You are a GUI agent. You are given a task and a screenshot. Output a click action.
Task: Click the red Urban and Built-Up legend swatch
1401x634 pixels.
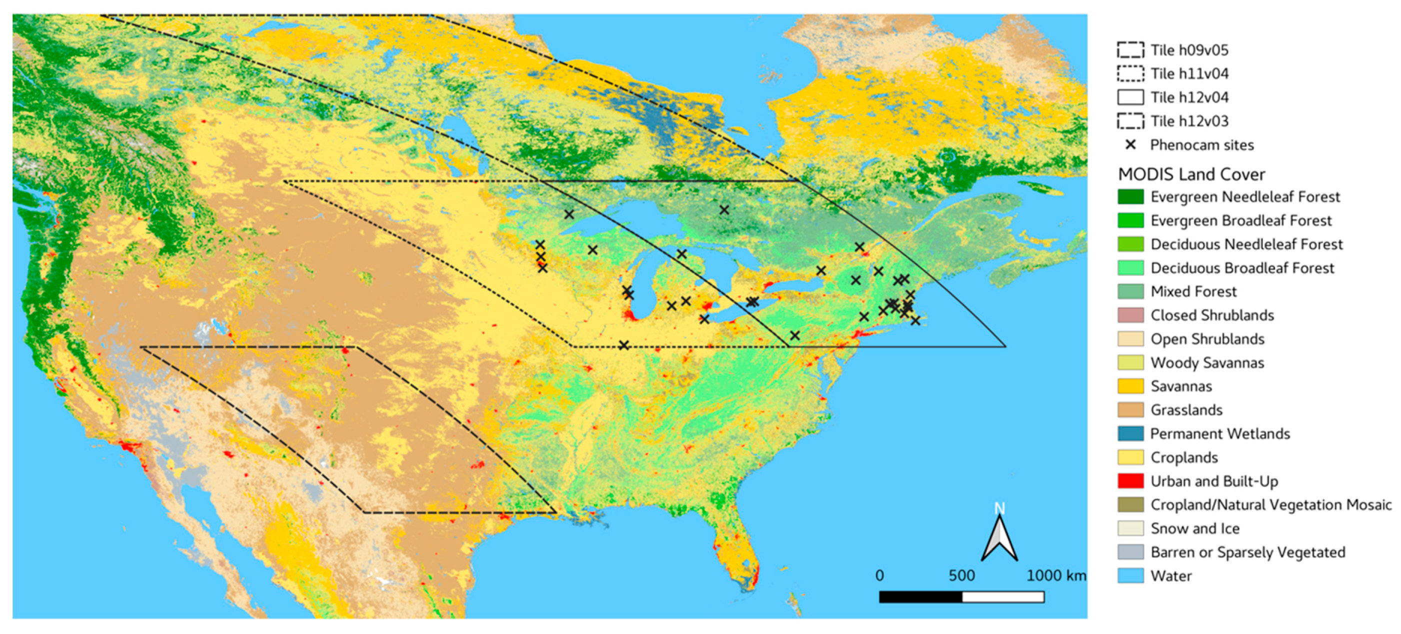point(1130,480)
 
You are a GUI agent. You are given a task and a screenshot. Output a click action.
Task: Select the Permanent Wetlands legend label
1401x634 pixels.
point(1220,433)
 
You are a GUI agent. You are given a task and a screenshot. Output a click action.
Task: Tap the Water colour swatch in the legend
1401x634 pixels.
point(1130,575)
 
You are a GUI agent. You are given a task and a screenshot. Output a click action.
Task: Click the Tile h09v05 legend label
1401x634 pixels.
point(1189,50)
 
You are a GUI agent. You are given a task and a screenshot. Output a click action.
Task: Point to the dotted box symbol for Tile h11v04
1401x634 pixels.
point(1130,73)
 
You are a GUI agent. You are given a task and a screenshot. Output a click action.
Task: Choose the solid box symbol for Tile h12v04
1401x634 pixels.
point(1130,97)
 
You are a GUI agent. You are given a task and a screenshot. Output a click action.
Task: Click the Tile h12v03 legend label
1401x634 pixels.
point(1189,120)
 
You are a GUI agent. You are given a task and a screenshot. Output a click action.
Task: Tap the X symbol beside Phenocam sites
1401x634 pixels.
point(1130,144)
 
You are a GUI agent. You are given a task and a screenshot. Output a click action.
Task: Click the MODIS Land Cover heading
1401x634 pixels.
point(1191,174)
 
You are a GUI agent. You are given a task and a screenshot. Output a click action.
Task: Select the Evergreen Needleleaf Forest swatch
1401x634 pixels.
point(1130,196)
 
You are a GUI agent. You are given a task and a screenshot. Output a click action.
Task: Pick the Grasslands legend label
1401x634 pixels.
point(1186,409)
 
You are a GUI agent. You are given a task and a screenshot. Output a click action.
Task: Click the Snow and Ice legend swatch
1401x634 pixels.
point(1130,528)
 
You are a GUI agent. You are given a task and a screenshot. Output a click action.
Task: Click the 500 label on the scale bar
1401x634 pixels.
point(961,575)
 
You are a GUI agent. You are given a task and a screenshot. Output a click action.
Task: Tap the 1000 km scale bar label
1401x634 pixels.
point(1055,575)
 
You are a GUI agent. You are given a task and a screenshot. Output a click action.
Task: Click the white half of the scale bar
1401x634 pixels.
point(1002,597)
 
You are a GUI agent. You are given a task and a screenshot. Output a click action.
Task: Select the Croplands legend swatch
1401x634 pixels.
point(1130,456)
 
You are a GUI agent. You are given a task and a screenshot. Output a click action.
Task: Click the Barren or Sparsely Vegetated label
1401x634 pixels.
point(1247,552)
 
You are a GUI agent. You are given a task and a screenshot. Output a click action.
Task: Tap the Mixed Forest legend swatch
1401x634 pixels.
point(1130,291)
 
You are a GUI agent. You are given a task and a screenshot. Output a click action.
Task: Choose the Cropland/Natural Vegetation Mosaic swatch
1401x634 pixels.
point(1130,504)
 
